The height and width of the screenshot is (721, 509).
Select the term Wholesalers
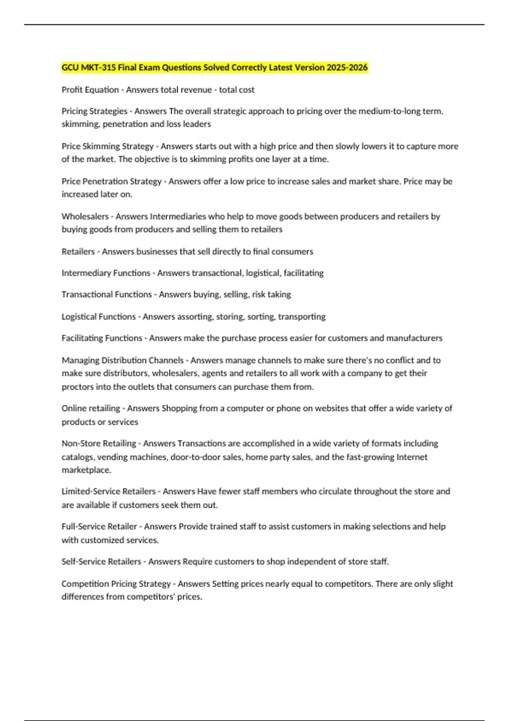pos(85,216)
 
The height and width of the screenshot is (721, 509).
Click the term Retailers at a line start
pos(78,252)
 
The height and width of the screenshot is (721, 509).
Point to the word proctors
pos(78,387)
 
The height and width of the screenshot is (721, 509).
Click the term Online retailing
pos(91,408)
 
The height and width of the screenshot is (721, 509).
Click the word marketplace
pos(86,470)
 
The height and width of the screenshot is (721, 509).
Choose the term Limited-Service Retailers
pos(109,492)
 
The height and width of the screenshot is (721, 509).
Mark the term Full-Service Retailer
pos(99,527)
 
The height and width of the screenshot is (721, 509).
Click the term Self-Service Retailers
pos(101,562)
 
